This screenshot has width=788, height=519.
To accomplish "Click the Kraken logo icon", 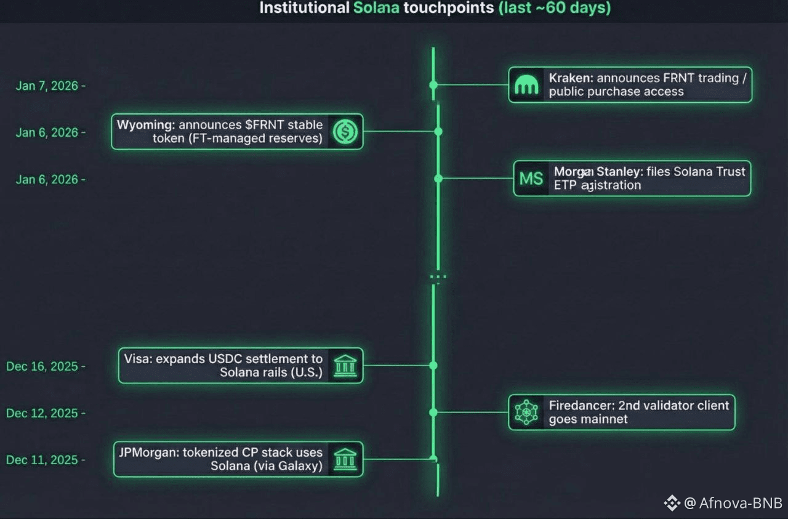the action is point(527,85).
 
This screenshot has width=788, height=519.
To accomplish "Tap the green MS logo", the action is point(531,179).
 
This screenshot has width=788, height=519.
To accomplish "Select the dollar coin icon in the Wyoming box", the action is point(345,131).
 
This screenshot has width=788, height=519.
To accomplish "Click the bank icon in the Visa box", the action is point(345,366).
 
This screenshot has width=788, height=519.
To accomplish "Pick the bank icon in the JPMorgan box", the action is point(345,459).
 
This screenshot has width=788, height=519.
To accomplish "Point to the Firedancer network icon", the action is point(526,412).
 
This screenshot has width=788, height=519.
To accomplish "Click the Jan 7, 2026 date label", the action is point(47,86).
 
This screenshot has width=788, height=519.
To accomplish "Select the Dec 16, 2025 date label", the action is point(42,366).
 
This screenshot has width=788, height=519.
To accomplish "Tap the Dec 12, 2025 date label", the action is point(42,413).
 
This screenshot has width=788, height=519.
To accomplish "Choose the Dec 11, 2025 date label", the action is point(42,460).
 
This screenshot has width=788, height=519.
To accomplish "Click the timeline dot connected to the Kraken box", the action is point(433,85).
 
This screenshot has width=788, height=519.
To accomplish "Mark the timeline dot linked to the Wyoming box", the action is point(438,132).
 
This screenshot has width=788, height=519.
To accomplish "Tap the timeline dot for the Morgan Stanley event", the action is point(438,179).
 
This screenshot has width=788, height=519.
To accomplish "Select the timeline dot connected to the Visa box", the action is point(433,366).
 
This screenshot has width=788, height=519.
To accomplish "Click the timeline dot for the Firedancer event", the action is point(433,412).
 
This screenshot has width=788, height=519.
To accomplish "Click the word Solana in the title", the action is point(377,8).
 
